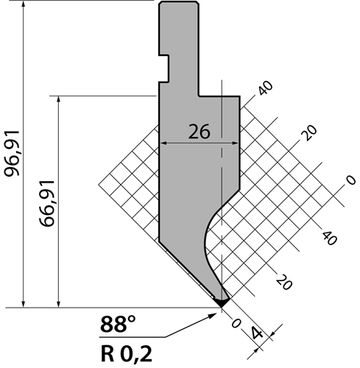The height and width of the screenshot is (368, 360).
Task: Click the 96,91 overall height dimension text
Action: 12,154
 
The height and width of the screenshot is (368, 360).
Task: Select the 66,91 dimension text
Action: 47,203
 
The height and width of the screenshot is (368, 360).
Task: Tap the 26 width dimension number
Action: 199,132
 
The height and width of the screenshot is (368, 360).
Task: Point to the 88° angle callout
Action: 118,324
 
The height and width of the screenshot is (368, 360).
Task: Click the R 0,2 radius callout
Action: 127,354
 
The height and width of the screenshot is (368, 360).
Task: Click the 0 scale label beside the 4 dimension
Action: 236,323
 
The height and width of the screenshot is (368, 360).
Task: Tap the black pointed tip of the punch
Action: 222,302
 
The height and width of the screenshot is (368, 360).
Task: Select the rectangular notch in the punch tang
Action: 164,68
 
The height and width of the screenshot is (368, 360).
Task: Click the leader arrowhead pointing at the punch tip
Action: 213,316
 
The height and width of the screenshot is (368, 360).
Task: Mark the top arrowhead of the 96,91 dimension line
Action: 24,5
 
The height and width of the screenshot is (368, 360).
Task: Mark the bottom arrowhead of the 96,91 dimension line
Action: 24,303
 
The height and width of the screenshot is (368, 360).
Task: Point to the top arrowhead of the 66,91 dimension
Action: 58,100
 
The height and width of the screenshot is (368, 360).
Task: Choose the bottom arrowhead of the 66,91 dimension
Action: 58,303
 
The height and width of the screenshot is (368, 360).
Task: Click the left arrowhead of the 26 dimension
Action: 163,143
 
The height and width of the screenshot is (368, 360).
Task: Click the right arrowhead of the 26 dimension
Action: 235,143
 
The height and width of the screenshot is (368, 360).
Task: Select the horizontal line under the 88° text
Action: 133,337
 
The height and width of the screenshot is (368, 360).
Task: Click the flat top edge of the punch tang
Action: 179,1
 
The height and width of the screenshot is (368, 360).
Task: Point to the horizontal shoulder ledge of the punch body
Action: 219,96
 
